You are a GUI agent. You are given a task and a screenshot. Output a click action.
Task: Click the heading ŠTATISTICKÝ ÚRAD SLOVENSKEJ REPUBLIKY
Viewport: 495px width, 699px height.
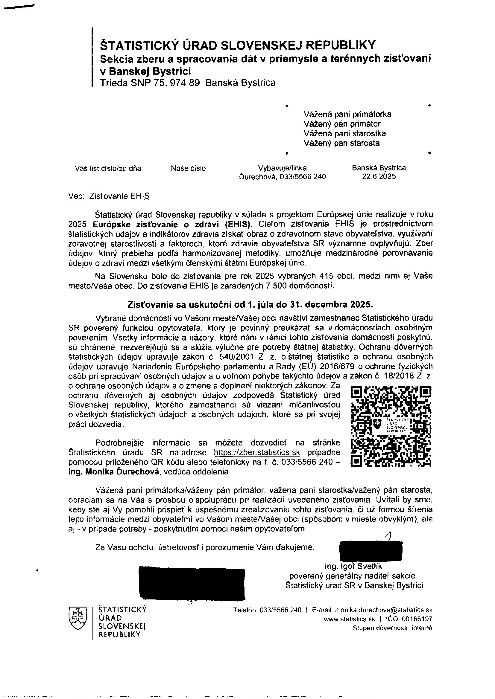click(x=238, y=45)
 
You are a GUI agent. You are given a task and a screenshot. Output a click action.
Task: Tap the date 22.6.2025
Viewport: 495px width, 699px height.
click(x=379, y=177)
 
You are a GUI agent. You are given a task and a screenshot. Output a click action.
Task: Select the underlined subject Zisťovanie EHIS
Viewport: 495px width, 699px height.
click(x=119, y=196)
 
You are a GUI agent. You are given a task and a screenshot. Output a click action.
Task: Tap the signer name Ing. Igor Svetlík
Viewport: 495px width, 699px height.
click(x=353, y=566)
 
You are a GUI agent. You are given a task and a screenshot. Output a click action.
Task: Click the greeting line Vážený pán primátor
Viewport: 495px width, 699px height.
click(x=342, y=124)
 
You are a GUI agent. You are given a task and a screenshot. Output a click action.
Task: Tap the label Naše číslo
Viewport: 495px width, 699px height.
click(x=188, y=168)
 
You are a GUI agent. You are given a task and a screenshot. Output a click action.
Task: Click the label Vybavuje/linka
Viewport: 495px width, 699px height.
click(x=282, y=168)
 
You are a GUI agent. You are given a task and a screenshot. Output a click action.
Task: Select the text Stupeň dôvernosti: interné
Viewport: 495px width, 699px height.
click(x=392, y=628)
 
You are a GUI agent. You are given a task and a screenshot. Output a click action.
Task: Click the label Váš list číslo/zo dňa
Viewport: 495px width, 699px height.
click(x=108, y=168)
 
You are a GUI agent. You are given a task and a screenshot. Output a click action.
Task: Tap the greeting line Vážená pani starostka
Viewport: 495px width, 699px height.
click(x=344, y=133)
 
